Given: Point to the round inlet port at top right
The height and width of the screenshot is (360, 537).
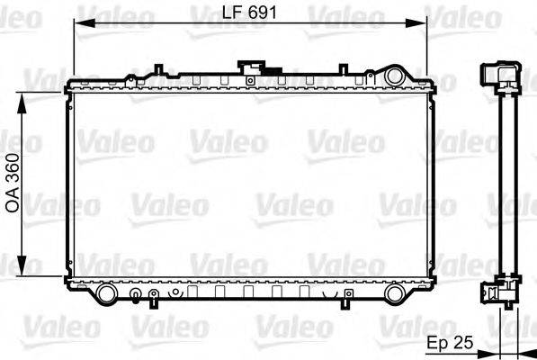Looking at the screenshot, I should (x=393, y=76).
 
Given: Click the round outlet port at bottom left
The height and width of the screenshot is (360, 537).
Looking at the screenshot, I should (x=106, y=293).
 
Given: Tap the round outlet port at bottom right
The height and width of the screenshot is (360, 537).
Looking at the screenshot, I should (x=394, y=293).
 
